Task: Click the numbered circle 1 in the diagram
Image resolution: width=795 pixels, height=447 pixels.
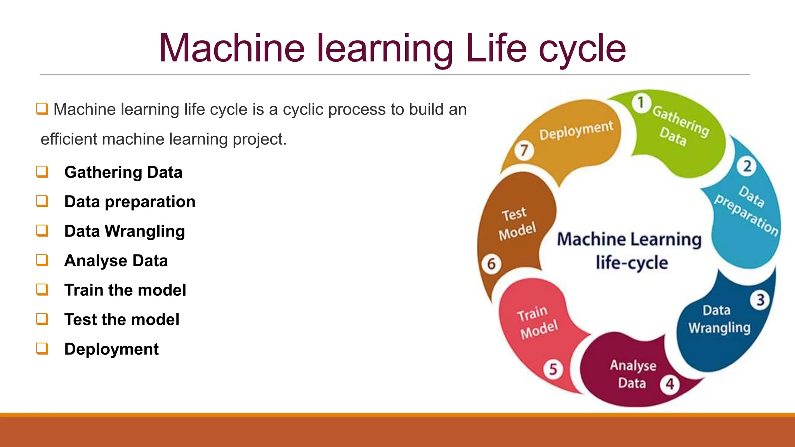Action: (641, 103)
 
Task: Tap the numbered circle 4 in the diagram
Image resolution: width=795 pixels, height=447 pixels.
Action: (670, 384)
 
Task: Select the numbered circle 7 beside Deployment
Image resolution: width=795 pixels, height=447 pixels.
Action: (524, 150)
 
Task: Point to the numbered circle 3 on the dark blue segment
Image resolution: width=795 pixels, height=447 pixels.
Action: (760, 300)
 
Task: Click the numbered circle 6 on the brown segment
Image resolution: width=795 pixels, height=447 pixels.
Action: (491, 264)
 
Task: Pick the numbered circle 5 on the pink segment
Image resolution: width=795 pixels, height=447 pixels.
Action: (553, 369)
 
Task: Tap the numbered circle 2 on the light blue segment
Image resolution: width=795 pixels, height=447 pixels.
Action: (747, 166)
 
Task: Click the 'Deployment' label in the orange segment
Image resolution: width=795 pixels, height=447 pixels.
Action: (576, 130)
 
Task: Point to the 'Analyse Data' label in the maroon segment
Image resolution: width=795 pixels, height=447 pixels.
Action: (633, 374)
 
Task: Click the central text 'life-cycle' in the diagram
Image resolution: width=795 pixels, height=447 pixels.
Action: (632, 263)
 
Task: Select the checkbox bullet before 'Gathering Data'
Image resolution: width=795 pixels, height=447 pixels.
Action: (42, 172)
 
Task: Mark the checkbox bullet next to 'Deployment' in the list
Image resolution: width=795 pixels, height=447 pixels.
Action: (42, 348)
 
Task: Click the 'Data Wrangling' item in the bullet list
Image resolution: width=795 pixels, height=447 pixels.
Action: (124, 231)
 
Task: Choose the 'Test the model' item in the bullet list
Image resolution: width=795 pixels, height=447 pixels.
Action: (122, 320)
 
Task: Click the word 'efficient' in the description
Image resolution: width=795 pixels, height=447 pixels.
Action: (68, 139)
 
